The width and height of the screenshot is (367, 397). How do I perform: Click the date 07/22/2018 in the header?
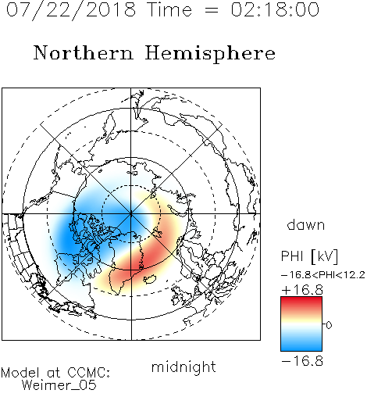pyautogui.click(x=71, y=10)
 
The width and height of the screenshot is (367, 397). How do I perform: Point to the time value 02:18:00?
pyautogui.click(x=275, y=9)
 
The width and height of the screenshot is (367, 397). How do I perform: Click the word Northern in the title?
pyautogui.click(x=84, y=52)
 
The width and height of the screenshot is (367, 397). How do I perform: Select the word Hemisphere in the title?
pyautogui.click(x=210, y=54)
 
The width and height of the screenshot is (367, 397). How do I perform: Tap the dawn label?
pyautogui.click(x=306, y=224)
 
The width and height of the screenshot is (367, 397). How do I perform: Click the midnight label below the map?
pyautogui.click(x=183, y=367)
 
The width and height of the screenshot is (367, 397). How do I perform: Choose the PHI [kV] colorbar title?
pyautogui.click(x=309, y=256)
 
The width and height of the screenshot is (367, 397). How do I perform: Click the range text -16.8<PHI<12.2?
pyautogui.click(x=323, y=275)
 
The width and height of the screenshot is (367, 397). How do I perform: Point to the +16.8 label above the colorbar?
pyautogui.click(x=302, y=290)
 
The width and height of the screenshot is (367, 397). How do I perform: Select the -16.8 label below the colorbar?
pyautogui.click(x=302, y=361)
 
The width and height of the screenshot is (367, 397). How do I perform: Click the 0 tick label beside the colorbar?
pyautogui.click(x=329, y=325)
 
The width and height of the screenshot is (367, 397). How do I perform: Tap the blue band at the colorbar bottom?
pyautogui.click(x=301, y=345)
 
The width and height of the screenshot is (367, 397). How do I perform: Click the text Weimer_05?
pyautogui.click(x=59, y=385)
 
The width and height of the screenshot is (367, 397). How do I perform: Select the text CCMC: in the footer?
pyautogui.click(x=89, y=373)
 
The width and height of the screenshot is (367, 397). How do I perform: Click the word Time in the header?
pyautogui.click(x=169, y=9)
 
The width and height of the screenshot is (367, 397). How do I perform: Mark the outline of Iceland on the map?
pyautogui.click(x=150, y=279)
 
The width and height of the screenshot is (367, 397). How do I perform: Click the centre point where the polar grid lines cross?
pyautogui.click(x=131, y=213)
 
